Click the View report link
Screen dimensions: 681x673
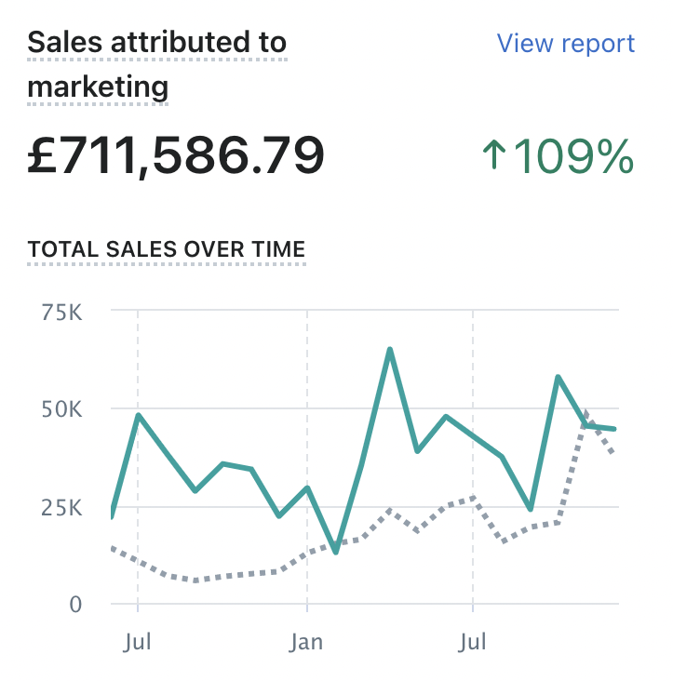coord(565,44)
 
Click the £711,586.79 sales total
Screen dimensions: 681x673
coord(176,155)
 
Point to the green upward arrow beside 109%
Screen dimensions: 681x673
coord(494,154)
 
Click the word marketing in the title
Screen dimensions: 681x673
coord(98,87)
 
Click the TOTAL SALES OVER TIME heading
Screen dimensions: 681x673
coord(167,249)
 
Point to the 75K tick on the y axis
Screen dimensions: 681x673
coord(62,312)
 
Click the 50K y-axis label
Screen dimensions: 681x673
coord(62,409)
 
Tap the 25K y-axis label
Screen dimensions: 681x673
coord(62,507)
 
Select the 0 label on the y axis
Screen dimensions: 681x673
coord(76,605)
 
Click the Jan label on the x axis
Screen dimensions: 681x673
coord(307,643)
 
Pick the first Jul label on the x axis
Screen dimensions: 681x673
coord(138,643)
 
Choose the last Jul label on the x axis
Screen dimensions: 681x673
coord(474,643)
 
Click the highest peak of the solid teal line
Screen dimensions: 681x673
coord(389,350)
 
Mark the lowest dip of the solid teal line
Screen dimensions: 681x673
coord(335,552)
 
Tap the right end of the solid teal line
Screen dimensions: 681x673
coord(614,429)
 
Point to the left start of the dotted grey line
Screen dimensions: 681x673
coord(113,548)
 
